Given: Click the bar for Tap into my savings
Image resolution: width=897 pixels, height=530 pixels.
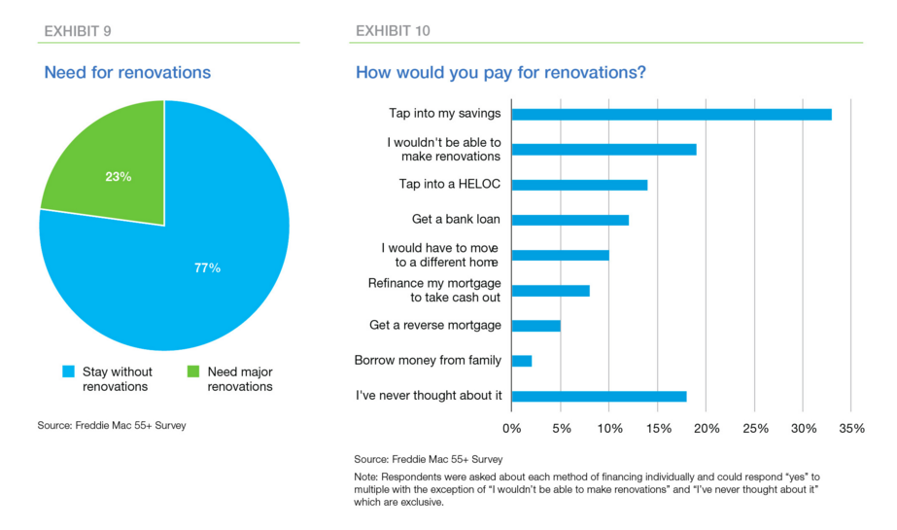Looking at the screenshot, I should pos(671,114).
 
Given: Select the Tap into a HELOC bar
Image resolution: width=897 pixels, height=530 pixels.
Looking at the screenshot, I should pos(579,185).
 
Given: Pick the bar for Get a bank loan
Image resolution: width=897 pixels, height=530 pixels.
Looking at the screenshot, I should pos(569,220).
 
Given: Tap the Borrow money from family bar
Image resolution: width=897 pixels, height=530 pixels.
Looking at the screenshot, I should pos(522,361).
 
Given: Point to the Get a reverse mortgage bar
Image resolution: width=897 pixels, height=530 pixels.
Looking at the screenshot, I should pos(535,326).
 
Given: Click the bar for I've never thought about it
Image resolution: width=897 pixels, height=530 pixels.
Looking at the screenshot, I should pos(599,396).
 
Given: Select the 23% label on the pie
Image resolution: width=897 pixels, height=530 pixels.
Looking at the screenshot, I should pos(119,177).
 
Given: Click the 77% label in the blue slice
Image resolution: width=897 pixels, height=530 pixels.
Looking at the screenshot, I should pos(207,267).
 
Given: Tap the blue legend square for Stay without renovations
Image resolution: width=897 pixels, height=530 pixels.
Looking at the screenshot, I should pos(68,371).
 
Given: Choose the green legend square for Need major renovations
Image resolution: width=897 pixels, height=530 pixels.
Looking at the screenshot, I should pos(192,371).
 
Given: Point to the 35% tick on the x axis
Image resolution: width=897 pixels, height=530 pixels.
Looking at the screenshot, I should pos(851,429).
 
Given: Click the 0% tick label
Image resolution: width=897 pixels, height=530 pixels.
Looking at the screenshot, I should pos(511,429).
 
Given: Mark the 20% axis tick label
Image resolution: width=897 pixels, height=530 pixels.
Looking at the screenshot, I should pos(706,429).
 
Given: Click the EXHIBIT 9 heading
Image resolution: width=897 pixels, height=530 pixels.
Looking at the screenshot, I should pos(78,31).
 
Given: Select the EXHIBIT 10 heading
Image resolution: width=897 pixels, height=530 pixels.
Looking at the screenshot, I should pos(393,31).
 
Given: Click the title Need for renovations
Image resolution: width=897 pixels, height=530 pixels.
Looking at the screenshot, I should pos(127,73).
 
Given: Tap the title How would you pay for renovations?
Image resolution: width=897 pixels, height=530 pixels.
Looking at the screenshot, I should pos(500,73).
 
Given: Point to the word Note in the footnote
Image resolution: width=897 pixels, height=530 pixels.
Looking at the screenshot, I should pos(368,477).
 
